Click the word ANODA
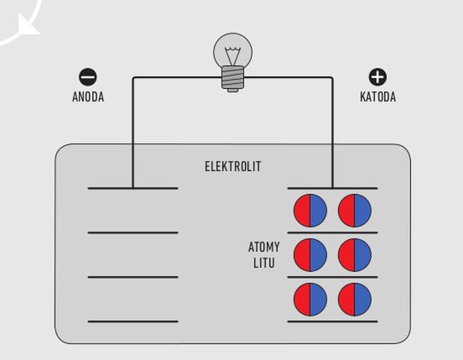click(88, 97)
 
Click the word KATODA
click(377, 97)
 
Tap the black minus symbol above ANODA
click(88, 77)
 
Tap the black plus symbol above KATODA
click(377, 77)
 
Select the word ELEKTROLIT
click(233, 166)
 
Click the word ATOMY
click(263, 248)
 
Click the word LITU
click(263, 263)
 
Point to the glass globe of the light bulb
click(233, 51)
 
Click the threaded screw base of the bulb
click(233, 78)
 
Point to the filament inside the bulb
click(233, 55)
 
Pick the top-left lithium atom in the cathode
click(310, 211)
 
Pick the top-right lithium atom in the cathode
click(355, 211)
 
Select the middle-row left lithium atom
click(310, 255)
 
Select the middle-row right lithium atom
click(355, 255)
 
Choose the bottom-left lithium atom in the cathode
click(310, 300)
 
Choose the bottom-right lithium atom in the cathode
click(355, 300)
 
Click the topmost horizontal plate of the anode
click(133, 188)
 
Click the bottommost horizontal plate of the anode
click(133, 321)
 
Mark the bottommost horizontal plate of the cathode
click(332, 321)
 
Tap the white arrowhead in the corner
click(27, 25)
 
